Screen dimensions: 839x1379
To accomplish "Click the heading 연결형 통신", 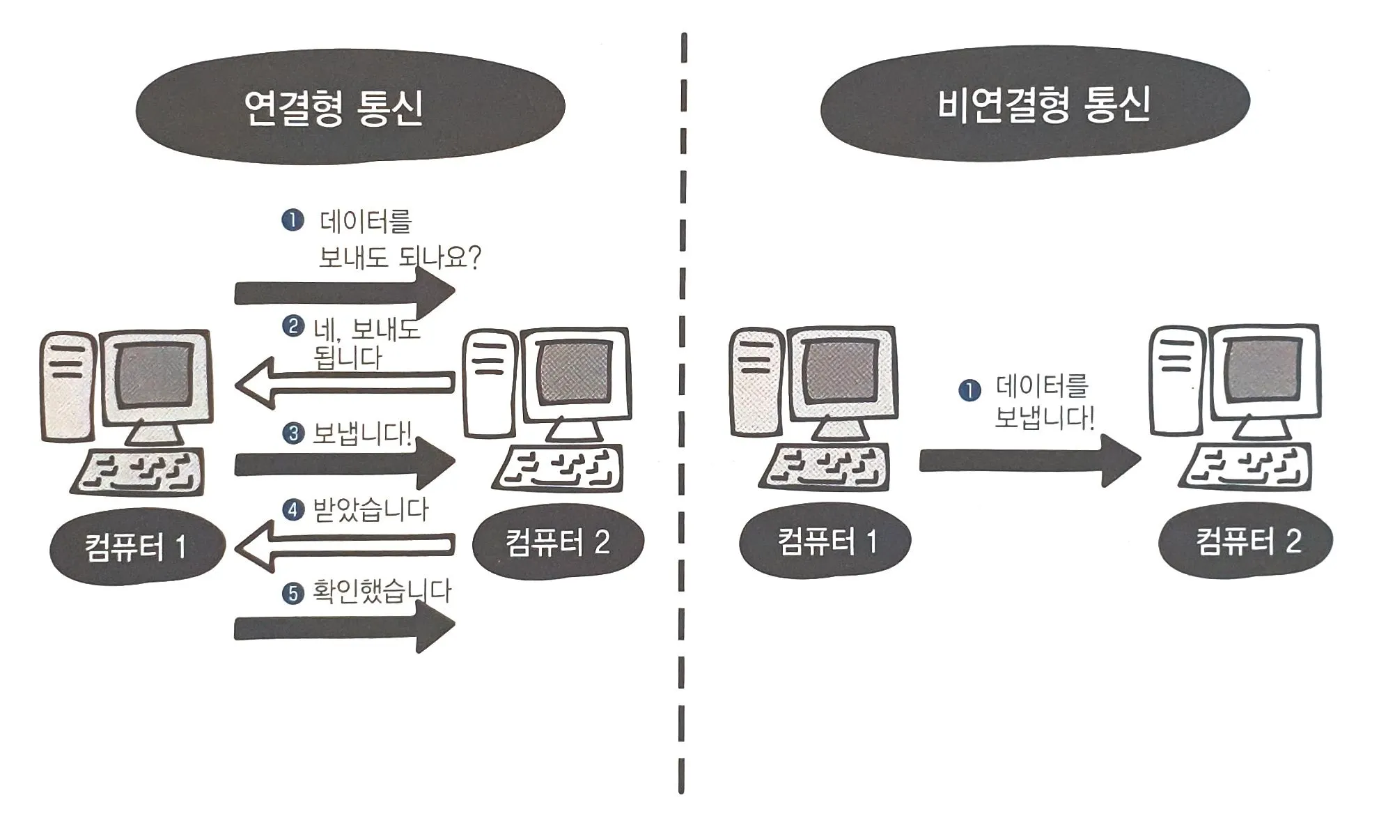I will [334, 108].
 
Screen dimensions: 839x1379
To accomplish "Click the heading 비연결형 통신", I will [1043, 105].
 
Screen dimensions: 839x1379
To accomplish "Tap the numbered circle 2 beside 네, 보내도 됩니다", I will [293, 326].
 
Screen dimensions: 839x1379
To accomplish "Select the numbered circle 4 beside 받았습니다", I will [293, 509].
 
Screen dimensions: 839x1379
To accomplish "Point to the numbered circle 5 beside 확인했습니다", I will [293, 594].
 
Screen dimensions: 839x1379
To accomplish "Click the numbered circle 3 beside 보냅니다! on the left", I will [293, 433].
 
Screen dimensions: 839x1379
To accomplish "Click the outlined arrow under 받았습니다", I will [345, 546].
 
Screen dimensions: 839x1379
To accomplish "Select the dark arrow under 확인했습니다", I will [345, 628].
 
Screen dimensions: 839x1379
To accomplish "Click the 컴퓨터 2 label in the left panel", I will [558, 541].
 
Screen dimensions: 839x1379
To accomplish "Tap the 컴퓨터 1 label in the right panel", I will [826, 541].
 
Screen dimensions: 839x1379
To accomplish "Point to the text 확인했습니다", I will [382, 592].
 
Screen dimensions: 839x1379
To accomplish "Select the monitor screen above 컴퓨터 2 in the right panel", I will [1263, 370].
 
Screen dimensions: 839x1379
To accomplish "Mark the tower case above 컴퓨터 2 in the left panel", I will [490, 383].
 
